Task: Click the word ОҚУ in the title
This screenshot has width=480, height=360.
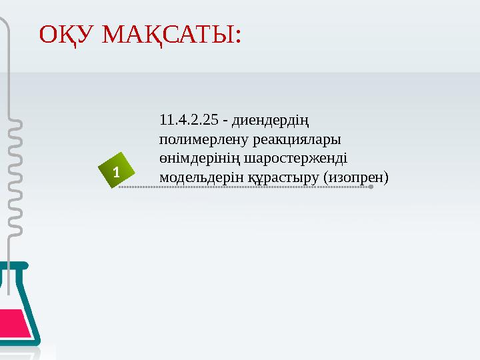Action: click(x=65, y=34)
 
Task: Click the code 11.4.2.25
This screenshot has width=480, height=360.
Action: click(x=189, y=121)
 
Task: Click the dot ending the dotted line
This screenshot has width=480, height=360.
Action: click(x=371, y=187)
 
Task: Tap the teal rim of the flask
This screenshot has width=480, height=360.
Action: click(x=13, y=265)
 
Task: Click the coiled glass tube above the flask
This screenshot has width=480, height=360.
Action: click(x=13, y=180)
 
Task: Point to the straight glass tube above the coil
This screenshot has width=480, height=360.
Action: click(x=9, y=67)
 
